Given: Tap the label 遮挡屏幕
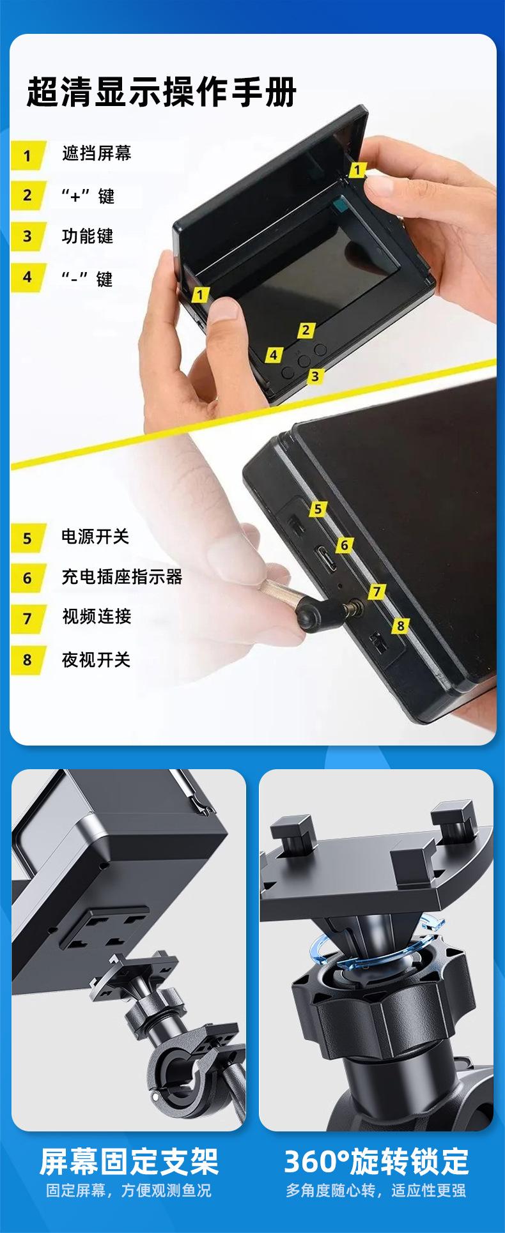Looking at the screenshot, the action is tap(97, 153).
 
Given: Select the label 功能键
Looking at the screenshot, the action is tap(88, 236).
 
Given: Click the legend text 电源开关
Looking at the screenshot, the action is tap(95, 537).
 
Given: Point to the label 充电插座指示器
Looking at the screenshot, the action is tap(122, 577).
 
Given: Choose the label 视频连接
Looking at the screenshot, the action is tap(97, 616).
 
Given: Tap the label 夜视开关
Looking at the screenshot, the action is tap(96, 659).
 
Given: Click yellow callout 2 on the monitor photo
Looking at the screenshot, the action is tap(306, 330).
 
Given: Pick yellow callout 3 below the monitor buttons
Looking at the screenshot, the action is tap(315, 376).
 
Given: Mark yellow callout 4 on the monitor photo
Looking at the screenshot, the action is tap(274, 355).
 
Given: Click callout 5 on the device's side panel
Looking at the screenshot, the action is tap(318, 509).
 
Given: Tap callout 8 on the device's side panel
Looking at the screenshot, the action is tap(400, 625).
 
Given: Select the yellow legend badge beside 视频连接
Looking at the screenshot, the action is tap(28, 618).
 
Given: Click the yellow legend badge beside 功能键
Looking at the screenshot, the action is tap(28, 236).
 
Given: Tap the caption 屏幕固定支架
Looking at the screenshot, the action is tap(129, 1161).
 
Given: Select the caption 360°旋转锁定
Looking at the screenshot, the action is tap(376, 1161).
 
